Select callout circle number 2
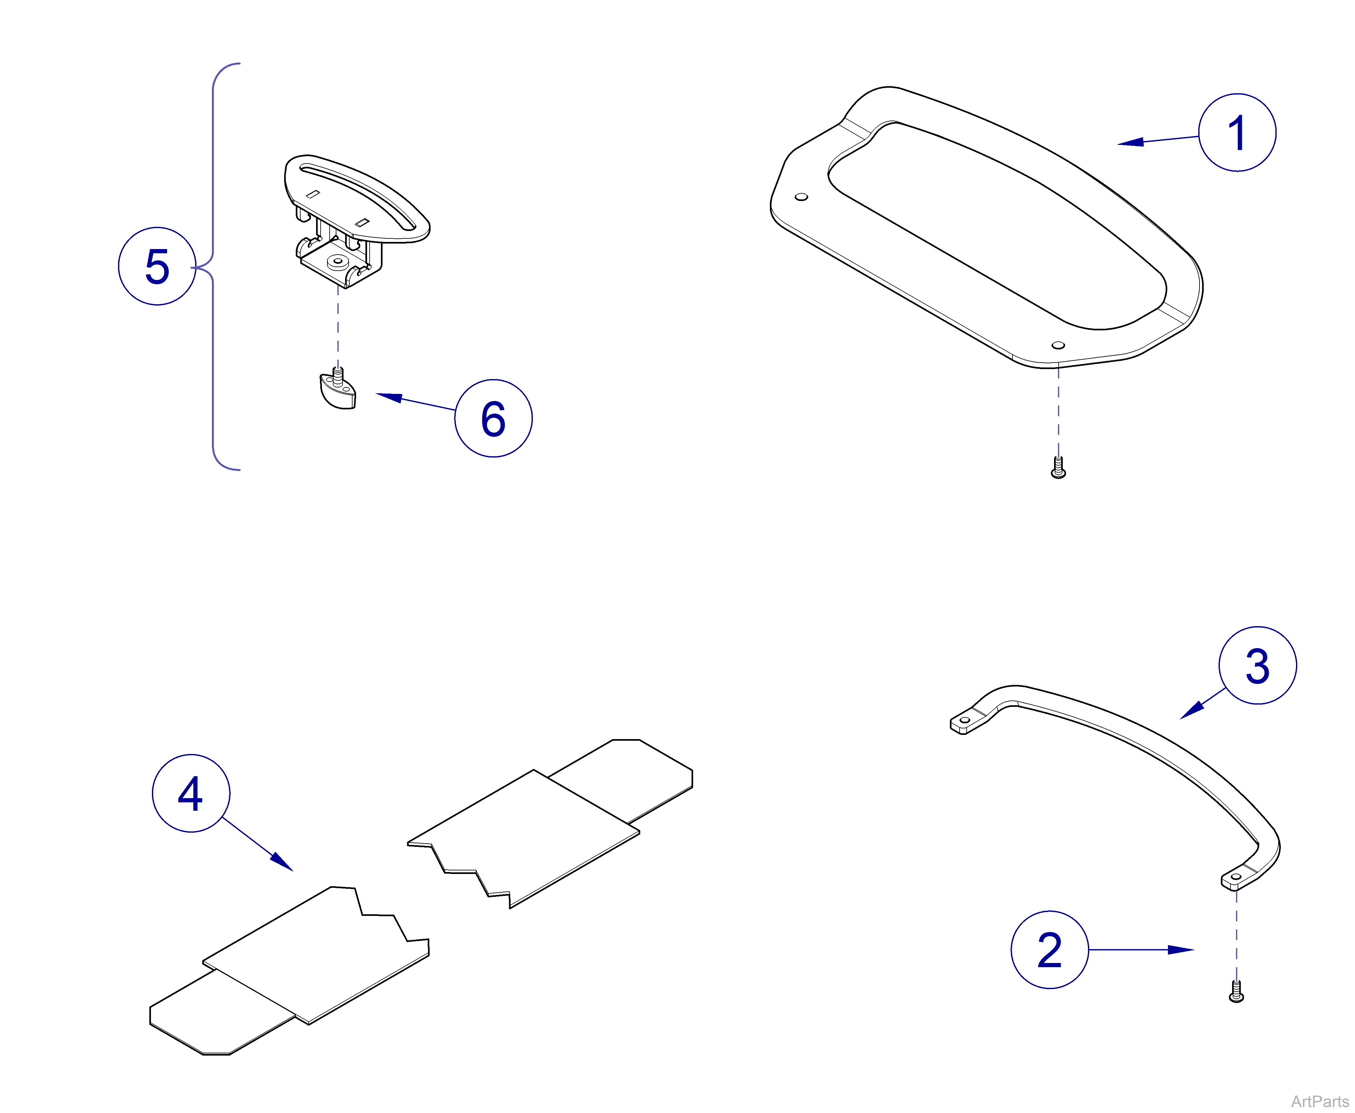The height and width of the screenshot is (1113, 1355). pyautogui.click(x=1049, y=949)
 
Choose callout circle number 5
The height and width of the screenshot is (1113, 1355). pyautogui.click(x=157, y=266)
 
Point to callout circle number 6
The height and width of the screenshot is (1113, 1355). pyautogui.click(x=493, y=418)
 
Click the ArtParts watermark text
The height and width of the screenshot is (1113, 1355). pyautogui.click(x=1319, y=1101)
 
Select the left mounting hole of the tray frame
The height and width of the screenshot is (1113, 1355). pyautogui.click(x=801, y=197)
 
